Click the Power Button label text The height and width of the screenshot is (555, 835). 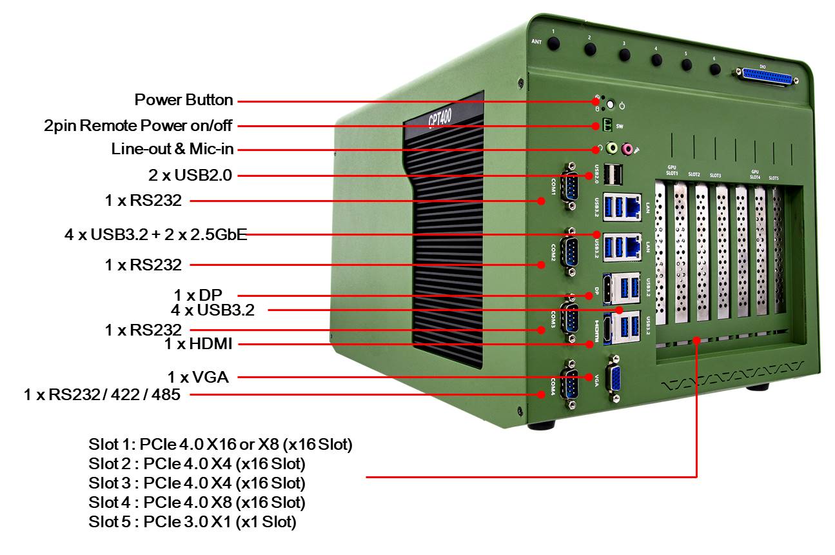[x=184, y=100]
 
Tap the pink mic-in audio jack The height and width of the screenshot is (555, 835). [x=625, y=149]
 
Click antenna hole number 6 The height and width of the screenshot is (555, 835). [x=714, y=68]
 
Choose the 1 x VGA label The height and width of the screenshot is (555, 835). [x=198, y=377]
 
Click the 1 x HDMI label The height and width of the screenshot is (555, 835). [x=198, y=345]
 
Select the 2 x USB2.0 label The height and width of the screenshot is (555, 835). [x=190, y=175]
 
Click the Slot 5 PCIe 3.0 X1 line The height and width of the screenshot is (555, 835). [x=192, y=521]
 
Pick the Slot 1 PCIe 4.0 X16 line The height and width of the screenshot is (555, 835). [x=221, y=445]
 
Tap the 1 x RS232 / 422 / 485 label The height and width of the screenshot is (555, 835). [x=102, y=394]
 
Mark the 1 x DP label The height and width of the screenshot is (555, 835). [x=198, y=295]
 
